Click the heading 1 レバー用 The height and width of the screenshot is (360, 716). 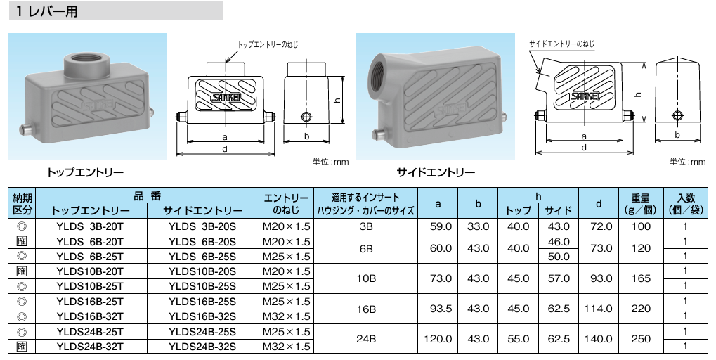(x=46, y=11)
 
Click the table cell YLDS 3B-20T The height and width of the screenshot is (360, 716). (x=90, y=226)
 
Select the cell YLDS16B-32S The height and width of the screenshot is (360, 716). (x=202, y=316)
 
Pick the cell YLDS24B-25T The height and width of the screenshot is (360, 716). (x=90, y=331)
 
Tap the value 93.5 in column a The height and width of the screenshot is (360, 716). (x=441, y=309)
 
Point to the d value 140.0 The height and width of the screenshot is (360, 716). (x=598, y=339)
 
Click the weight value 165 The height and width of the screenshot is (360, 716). (x=641, y=278)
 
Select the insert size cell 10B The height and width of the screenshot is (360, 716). (x=366, y=278)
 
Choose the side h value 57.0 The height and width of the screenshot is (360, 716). (x=559, y=278)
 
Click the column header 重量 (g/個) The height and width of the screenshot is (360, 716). (x=640, y=204)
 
